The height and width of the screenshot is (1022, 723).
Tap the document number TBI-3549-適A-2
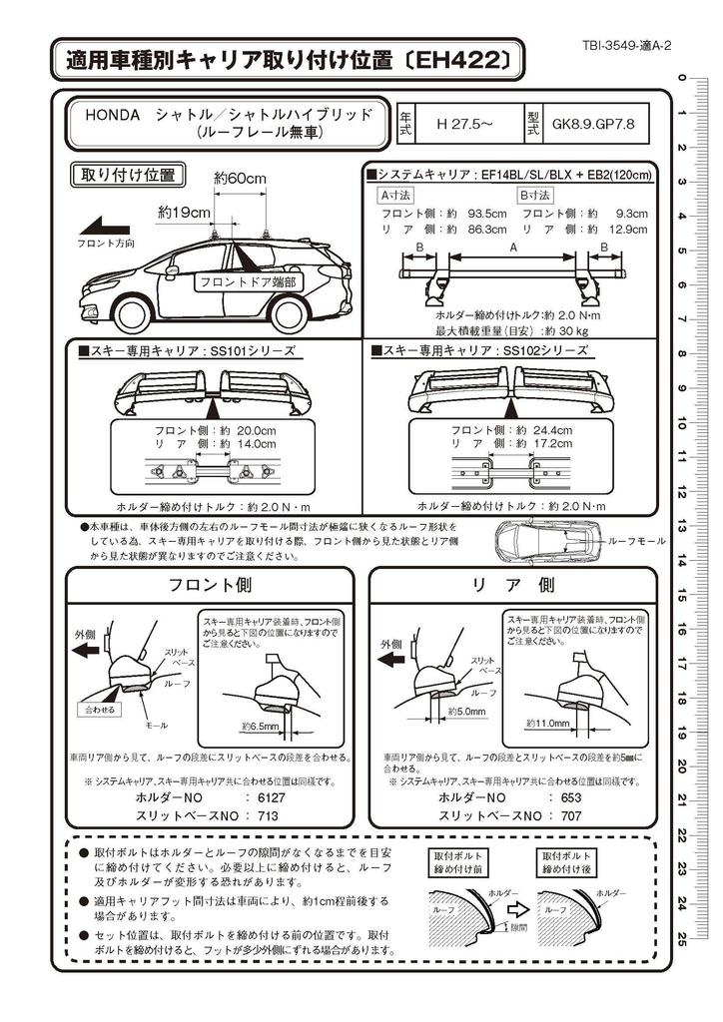pyautogui.click(x=625, y=46)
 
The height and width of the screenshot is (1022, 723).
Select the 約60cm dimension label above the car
pyautogui.click(x=240, y=179)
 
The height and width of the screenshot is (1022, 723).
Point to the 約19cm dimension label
pyautogui.click(x=184, y=212)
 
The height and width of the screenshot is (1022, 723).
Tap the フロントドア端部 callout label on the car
pyautogui.click(x=248, y=282)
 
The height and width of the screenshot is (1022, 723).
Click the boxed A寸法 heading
pyautogui.click(x=394, y=196)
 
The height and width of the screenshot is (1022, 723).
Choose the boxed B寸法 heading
pyautogui.click(x=534, y=196)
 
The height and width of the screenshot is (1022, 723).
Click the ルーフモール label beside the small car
pyautogui.click(x=637, y=540)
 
